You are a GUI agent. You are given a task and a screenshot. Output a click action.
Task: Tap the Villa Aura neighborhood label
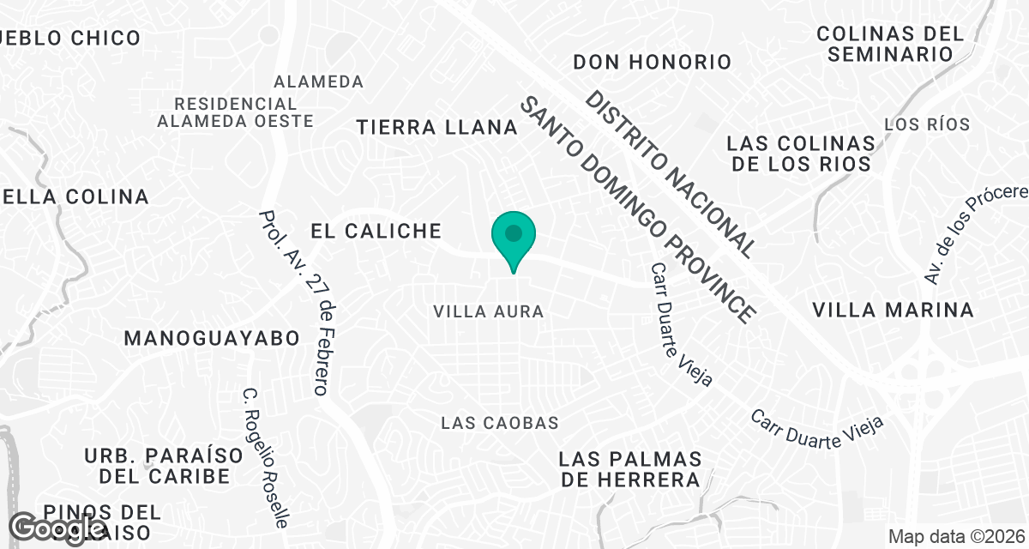point(489,311)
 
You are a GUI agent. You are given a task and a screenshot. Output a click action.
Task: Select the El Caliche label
point(376,231)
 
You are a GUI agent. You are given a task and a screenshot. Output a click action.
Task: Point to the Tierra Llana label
point(437,128)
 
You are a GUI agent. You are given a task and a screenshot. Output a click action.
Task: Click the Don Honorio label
point(652,62)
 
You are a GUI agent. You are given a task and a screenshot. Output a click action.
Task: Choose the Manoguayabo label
point(212,338)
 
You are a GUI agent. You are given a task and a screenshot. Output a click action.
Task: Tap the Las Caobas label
point(499,423)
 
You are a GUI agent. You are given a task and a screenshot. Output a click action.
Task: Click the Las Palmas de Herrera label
point(630,469)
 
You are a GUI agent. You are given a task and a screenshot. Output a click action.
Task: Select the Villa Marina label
point(893,310)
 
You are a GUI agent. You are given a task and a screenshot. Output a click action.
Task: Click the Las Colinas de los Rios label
point(800,154)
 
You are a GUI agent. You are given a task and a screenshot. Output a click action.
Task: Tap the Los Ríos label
point(927,124)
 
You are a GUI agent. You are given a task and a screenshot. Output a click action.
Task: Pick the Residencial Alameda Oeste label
point(235,112)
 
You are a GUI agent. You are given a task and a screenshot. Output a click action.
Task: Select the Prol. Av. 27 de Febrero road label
point(295,303)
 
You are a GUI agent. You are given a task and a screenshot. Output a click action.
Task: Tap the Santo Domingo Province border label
point(638,209)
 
